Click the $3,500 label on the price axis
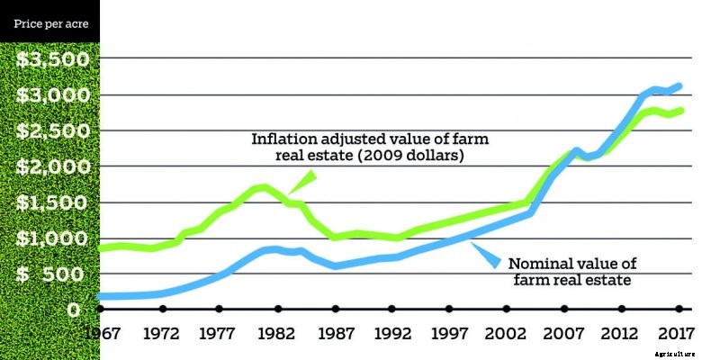[53, 60]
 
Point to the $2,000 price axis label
[53, 166]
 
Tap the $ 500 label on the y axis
[53, 274]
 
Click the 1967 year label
[103, 333]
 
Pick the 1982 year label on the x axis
[276, 333]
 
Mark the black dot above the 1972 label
[162, 310]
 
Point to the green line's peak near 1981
[261, 187]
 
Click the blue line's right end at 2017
[679, 86]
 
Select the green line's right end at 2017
[679, 111]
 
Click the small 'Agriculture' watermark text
[675, 355]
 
